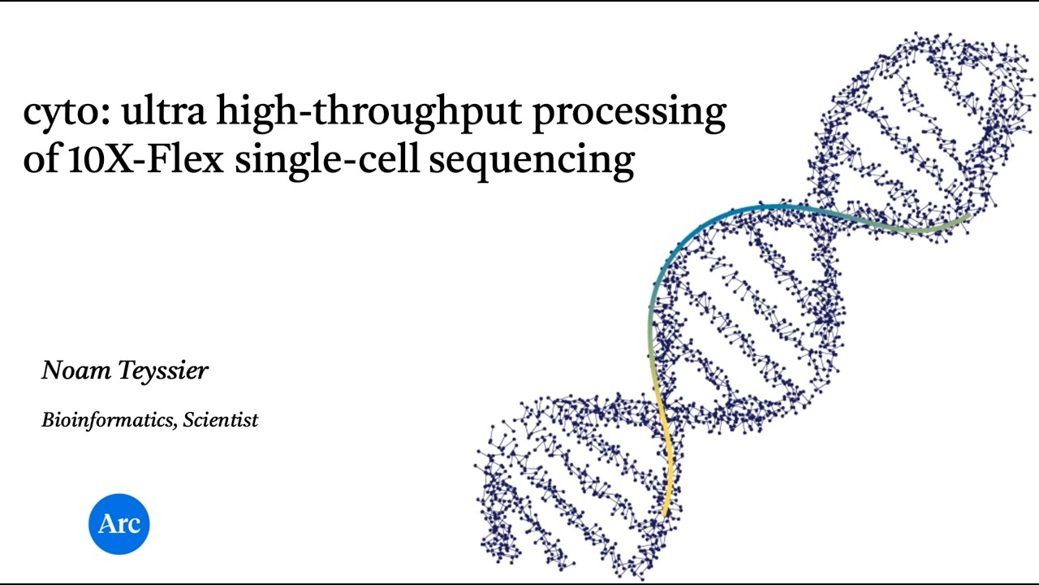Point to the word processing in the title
[x=628, y=112]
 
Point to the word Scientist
[x=220, y=420]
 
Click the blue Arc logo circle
[x=119, y=524]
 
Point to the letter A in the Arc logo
[x=106, y=524]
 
